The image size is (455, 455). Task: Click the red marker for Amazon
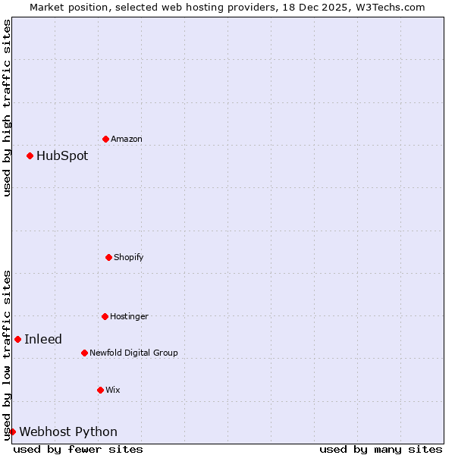click(105, 139)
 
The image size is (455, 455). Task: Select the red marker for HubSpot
click(30, 155)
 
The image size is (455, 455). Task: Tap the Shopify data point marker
click(108, 257)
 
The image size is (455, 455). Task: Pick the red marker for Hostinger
click(105, 316)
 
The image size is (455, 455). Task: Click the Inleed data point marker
click(17, 339)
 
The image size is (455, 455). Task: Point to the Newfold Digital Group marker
click(84, 353)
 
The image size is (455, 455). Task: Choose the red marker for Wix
click(100, 390)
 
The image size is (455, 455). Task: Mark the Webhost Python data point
click(12, 431)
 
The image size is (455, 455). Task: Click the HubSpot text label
click(62, 156)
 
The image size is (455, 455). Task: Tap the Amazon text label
click(127, 140)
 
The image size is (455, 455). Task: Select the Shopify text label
click(129, 258)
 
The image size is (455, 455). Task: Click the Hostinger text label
click(129, 317)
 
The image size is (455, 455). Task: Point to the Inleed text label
click(43, 340)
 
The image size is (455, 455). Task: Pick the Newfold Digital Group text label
click(133, 353)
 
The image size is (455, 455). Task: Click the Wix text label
click(113, 391)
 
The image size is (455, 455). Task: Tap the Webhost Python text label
click(68, 432)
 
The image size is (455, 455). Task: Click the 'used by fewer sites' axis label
click(78, 449)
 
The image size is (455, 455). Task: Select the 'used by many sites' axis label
click(381, 449)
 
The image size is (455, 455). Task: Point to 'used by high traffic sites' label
click(7, 108)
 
